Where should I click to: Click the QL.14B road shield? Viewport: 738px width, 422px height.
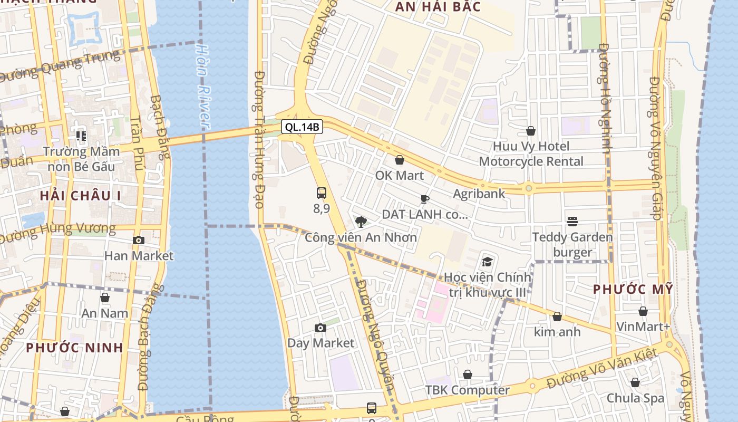(x=302, y=127)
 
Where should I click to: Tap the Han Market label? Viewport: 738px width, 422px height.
(x=139, y=256)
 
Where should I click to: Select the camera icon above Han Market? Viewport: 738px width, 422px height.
(x=139, y=241)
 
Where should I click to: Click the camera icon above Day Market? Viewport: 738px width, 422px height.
(x=321, y=328)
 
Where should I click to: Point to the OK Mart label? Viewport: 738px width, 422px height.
(x=400, y=175)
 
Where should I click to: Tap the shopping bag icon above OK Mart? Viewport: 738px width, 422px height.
(x=400, y=160)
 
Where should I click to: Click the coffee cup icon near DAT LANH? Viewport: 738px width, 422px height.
(x=425, y=199)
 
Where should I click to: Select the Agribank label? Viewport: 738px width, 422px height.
(x=479, y=194)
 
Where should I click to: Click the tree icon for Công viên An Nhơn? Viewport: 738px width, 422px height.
(x=361, y=222)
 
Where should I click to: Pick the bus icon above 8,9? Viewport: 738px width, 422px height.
(x=322, y=193)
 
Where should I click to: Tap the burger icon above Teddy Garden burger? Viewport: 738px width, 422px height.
(x=572, y=222)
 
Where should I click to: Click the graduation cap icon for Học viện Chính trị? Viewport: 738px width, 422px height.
(x=488, y=262)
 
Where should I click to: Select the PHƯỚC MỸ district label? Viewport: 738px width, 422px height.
(x=633, y=289)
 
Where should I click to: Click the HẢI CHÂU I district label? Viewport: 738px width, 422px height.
(x=81, y=196)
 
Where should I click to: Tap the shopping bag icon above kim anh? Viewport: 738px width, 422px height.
(x=557, y=316)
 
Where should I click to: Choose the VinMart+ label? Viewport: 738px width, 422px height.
(x=643, y=327)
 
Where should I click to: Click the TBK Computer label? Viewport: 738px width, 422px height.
(x=468, y=390)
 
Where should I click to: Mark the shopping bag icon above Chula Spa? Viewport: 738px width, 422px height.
(x=635, y=382)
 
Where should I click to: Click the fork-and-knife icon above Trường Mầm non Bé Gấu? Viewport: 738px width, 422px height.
(x=81, y=136)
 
